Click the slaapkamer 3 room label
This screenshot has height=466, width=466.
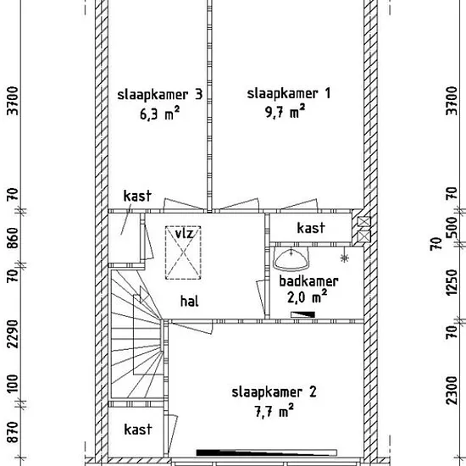[x=160, y=95]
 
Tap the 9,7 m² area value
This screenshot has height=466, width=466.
[x=286, y=111]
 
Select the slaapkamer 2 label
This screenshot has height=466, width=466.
[x=274, y=392]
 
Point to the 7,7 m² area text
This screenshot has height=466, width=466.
[x=275, y=410]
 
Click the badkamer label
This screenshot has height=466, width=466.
[x=308, y=281]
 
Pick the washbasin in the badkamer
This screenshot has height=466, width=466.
[x=291, y=259]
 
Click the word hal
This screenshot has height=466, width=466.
[x=189, y=301]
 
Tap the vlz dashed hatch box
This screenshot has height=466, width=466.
[x=183, y=252]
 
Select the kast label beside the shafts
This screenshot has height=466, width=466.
[x=311, y=228]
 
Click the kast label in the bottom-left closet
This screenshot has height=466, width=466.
[x=137, y=430]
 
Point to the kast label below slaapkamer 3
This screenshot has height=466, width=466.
[x=137, y=196]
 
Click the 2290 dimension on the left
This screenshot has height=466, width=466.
[x=13, y=334]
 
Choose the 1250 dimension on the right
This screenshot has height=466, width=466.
[x=452, y=282]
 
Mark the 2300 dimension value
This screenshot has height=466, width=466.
[x=452, y=391]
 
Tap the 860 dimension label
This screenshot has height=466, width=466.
[x=13, y=238]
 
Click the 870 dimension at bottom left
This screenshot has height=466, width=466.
[x=13, y=432]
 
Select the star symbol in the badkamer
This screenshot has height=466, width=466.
[x=345, y=258]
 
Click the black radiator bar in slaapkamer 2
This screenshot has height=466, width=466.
[x=267, y=452]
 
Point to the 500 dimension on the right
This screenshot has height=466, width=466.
[x=452, y=227]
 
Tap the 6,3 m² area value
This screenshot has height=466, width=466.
[x=160, y=114]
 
